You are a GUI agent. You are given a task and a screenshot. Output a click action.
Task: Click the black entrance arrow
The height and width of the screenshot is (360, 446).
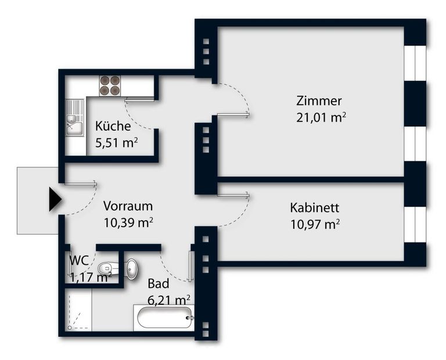(x=55, y=199)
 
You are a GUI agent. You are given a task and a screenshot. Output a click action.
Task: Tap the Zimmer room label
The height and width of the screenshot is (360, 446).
(x=319, y=100)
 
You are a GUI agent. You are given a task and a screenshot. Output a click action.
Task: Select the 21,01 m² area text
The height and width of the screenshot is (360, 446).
(x=321, y=117)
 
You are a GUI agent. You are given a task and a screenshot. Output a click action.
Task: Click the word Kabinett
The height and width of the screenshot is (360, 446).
(x=314, y=208)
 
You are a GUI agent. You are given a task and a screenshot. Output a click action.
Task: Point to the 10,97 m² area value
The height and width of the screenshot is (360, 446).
(x=315, y=224)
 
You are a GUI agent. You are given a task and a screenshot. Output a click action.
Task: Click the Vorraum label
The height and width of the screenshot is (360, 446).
(x=128, y=206)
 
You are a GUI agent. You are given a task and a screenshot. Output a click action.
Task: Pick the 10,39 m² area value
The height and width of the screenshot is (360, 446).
(x=128, y=222)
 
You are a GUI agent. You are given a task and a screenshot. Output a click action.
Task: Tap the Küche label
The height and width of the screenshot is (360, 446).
(x=113, y=126)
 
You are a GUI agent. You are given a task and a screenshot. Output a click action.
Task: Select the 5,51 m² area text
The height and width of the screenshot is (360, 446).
(x=116, y=142)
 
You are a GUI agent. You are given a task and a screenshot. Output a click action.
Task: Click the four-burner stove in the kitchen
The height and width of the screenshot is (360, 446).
(x=110, y=85)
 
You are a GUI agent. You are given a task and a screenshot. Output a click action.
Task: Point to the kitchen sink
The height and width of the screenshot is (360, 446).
(x=75, y=118)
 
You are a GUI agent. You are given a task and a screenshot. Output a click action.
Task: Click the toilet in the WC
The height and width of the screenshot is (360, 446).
(x=108, y=268)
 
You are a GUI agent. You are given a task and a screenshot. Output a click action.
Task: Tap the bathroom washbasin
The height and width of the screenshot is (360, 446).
(x=132, y=269)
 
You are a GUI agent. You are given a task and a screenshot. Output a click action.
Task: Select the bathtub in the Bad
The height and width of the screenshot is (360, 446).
(x=164, y=318)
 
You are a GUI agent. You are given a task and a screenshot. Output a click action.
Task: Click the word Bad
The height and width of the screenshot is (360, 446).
(x=159, y=283)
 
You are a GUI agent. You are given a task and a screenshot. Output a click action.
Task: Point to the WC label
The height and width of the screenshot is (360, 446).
(x=79, y=260)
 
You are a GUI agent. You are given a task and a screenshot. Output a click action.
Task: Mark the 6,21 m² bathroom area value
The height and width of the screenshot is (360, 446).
(x=169, y=300)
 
